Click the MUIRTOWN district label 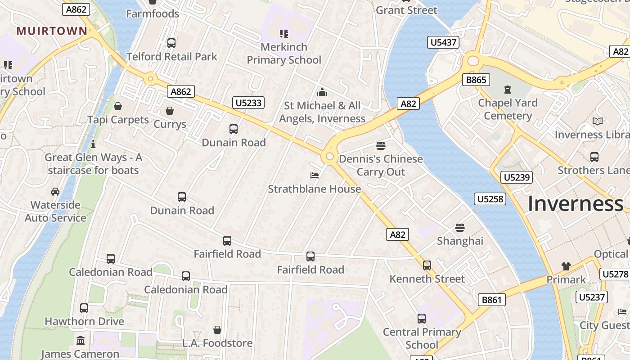point(52,31)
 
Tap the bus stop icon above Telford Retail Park point(171,43)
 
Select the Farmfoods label point(153,13)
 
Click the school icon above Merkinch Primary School point(283,33)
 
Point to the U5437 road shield point(443,43)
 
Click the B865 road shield point(476,80)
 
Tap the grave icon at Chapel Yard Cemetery point(508,90)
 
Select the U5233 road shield point(248,103)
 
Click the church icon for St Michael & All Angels point(322,92)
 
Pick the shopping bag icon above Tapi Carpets point(118,106)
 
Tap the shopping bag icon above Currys point(170,111)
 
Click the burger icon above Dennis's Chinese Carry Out point(381,145)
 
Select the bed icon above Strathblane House point(315,175)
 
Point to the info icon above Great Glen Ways point(93,144)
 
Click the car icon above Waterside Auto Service point(55,192)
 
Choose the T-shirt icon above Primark point(566,266)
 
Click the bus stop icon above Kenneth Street point(427,265)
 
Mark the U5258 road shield point(490,198)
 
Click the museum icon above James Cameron point(81,340)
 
